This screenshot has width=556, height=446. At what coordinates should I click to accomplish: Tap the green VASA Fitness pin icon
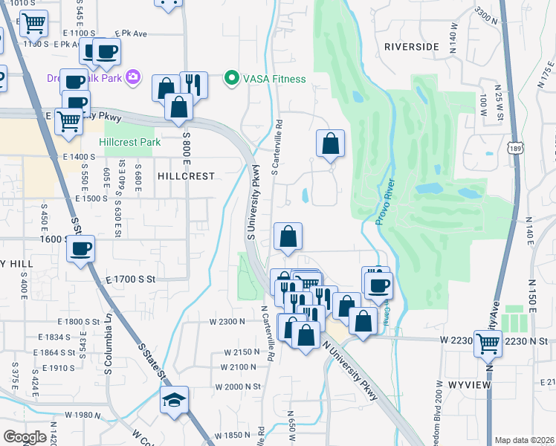[231, 77]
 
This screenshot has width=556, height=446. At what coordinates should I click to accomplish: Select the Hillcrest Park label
[129, 141]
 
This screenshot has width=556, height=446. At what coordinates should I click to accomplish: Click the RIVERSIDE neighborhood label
[412, 47]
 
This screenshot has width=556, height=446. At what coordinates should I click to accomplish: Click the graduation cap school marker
[175, 400]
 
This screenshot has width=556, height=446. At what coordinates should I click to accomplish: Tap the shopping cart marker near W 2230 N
[488, 343]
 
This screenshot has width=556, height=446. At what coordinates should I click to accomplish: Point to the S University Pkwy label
[252, 201]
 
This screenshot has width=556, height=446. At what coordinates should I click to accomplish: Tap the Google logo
[25, 437]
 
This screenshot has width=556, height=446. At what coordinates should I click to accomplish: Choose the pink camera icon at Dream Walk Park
[134, 77]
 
